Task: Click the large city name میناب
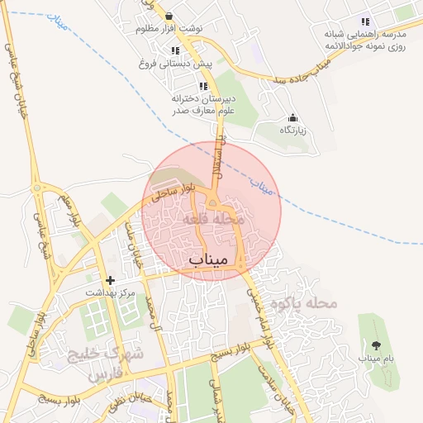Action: tap(207, 259)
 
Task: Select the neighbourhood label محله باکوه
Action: tap(304, 303)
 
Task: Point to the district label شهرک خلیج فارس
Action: tap(116, 363)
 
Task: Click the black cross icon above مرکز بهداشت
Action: tap(111, 280)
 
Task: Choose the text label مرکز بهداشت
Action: tap(111, 293)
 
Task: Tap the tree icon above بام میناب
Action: tap(377, 345)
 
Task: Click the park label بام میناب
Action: tap(377, 359)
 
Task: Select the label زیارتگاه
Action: tap(292, 131)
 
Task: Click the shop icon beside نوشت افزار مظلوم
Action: tap(169, 16)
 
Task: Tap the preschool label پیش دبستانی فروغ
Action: tap(175, 63)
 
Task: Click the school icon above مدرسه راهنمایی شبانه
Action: tap(365, 21)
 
